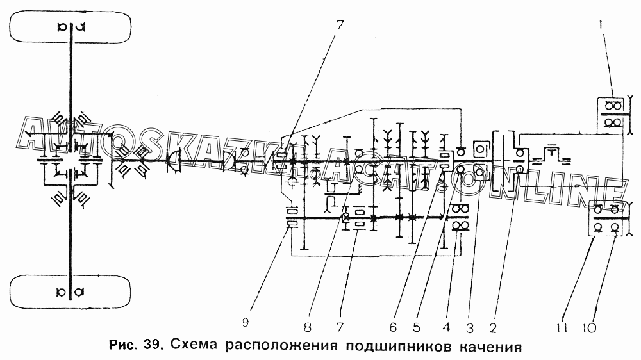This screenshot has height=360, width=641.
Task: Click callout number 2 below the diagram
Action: (x=493, y=327)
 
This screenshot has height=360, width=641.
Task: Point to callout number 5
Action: (x=417, y=327)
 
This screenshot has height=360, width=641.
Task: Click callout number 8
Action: (x=308, y=327)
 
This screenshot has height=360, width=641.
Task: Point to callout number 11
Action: (x=564, y=328)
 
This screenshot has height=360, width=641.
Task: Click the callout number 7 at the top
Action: (x=340, y=26)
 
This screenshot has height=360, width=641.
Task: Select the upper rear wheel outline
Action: (x=71, y=28)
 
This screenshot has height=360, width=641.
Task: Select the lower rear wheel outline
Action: (x=71, y=292)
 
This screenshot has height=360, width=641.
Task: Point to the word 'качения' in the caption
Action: (x=487, y=348)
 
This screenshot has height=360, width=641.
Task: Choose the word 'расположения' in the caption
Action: (x=283, y=348)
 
